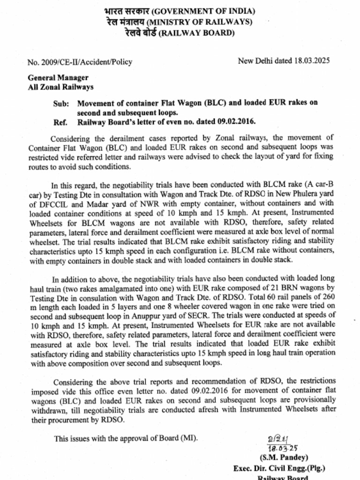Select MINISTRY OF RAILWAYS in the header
pyautogui.click(x=200, y=22)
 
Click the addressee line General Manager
pyautogui.click(x=58, y=78)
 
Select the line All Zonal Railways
pyautogui.click(x=60, y=87)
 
